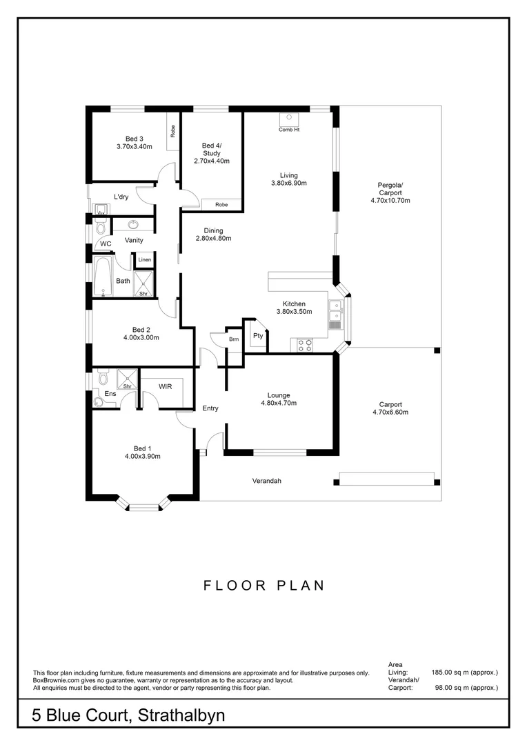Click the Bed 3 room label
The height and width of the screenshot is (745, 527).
(134, 137)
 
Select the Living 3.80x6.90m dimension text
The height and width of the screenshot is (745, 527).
(288, 183)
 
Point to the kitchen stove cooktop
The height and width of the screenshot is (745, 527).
(304, 345)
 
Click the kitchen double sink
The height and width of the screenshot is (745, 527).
(335, 312)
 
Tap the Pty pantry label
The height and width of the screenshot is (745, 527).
(258, 336)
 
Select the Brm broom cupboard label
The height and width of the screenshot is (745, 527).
(234, 339)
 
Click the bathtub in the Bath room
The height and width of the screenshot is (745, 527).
(103, 277)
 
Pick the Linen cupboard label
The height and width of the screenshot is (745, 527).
(144, 260)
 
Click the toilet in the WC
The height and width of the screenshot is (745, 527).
(101, 228)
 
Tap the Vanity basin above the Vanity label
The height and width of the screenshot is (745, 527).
(132, 225)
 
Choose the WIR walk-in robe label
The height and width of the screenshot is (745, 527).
(165, 387)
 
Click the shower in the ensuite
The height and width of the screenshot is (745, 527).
(127, 379)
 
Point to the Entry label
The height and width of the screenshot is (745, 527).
(210, 408)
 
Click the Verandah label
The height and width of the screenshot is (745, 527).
(267, 481)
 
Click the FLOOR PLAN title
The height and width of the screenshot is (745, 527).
(263, 586)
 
